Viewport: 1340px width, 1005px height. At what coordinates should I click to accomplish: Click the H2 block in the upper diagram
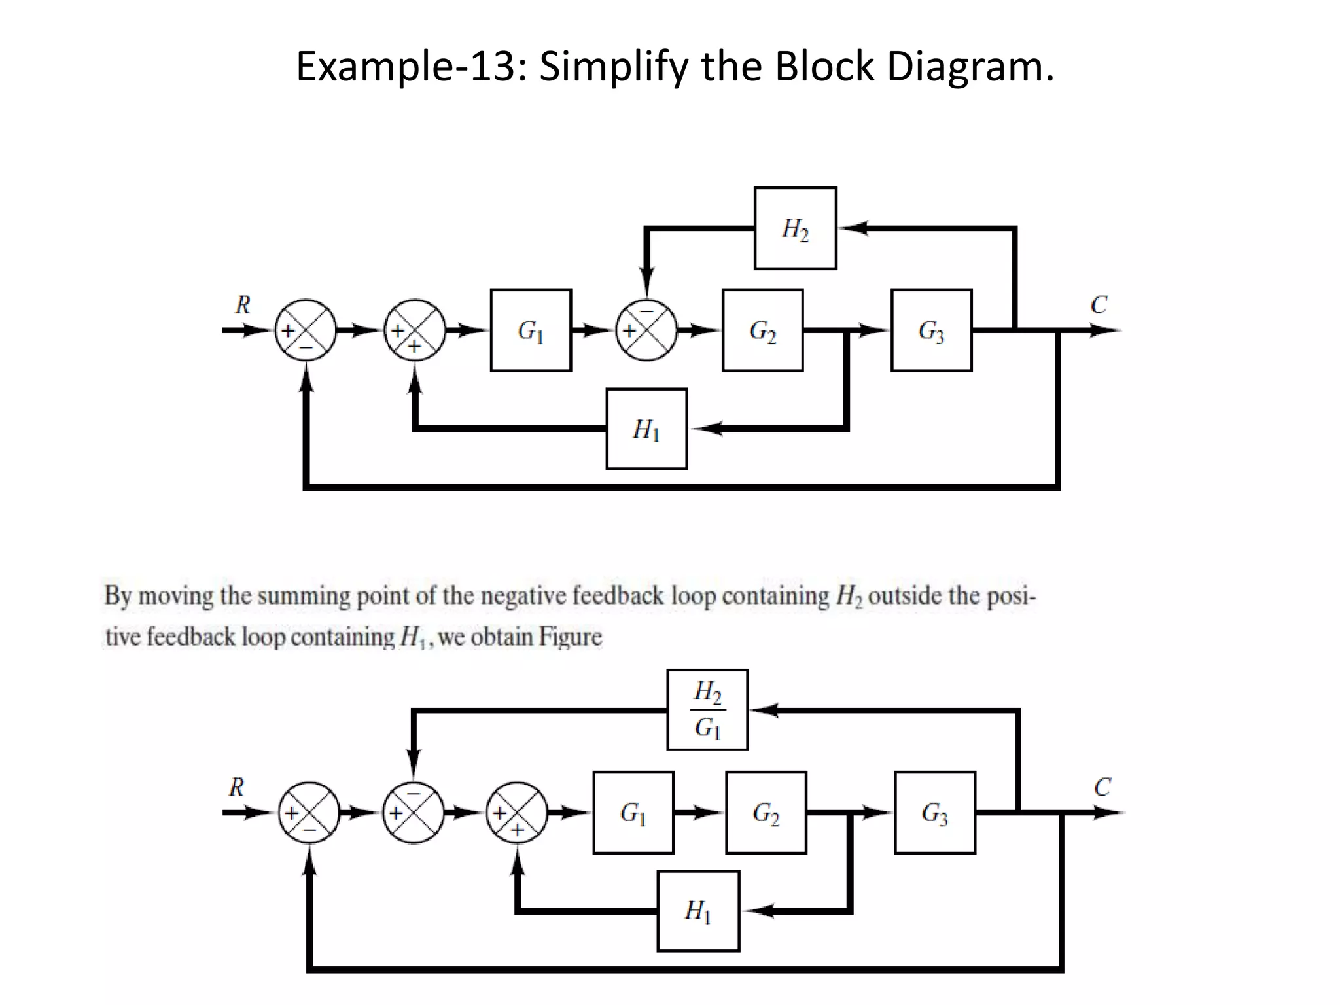(x=795, y=228)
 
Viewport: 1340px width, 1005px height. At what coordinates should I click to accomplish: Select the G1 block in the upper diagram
(x=531, y=330)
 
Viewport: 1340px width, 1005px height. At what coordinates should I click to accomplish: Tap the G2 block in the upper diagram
(x=762, y=330)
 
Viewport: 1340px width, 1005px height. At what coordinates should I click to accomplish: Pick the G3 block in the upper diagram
(x=931, y=330)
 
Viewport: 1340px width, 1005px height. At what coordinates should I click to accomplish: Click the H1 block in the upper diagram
(x=646, y=429)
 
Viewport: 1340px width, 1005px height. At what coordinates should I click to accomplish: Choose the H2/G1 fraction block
(x=707, y=710)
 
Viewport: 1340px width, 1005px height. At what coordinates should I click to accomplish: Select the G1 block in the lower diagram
(x=633, y=813)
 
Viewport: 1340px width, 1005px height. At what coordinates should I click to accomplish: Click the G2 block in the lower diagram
(x=766, y=813)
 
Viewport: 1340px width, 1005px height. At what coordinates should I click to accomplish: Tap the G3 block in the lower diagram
(x=935, y=813)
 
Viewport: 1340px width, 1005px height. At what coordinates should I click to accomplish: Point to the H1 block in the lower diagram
(x=698, y=911)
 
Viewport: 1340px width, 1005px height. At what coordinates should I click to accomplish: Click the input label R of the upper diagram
(x=243, y=305)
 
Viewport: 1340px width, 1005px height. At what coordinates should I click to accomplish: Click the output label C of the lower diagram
(x=1102, y=787)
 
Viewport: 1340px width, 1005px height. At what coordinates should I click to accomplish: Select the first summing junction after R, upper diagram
(x=306, y=330)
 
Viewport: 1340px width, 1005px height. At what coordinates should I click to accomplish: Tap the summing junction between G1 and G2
(x=646, y=330)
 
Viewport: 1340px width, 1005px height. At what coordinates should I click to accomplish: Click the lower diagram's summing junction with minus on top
(x=414, y=813)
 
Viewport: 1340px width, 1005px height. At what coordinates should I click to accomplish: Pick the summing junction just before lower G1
(x=517, y=813)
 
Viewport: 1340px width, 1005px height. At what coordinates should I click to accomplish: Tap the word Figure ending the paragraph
(x=570, y=637)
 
